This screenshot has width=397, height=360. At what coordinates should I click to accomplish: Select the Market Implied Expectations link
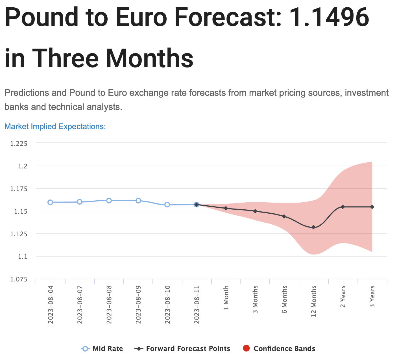55,126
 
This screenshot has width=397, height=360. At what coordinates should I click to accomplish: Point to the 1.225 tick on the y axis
19,144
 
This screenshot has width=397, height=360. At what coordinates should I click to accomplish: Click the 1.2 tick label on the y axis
23,166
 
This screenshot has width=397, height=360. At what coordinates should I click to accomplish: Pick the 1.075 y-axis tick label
19,279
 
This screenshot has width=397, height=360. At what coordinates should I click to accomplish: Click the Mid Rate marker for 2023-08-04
50,202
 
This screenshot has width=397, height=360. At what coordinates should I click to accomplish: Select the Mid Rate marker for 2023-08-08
109,200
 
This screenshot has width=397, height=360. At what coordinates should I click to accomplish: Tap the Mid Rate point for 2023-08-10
167,205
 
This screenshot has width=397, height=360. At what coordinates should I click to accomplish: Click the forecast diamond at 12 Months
313,227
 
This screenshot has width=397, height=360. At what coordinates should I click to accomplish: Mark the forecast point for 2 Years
343,207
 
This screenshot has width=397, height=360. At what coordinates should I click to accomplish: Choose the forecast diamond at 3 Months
255,211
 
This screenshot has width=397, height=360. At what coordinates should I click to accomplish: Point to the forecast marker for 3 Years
372,207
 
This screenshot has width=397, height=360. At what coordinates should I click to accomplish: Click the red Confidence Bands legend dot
246,348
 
